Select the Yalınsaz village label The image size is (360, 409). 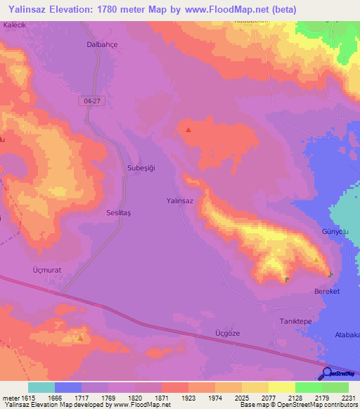179,200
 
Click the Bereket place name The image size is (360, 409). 327,291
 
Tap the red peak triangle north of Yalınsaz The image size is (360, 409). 188,129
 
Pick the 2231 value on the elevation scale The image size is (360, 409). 349,397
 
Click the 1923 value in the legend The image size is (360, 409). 188,397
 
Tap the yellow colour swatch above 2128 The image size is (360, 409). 282,387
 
